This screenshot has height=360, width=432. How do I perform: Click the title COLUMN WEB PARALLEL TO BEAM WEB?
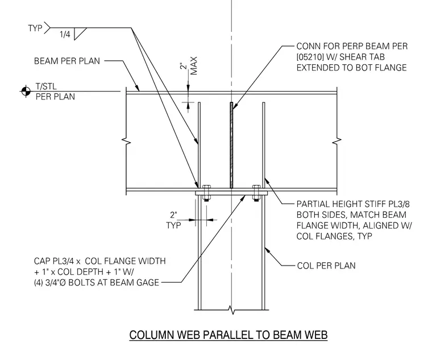229,335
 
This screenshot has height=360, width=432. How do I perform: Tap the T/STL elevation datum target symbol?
26,91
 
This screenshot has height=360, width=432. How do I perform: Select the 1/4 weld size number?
65,34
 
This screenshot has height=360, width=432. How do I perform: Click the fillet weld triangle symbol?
80,34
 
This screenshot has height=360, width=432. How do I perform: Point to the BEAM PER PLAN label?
67,61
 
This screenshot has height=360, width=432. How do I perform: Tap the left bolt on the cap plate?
206,193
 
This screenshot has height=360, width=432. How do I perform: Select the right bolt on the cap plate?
256,193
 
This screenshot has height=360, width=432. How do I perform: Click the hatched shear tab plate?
231,145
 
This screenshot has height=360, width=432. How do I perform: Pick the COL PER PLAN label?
326,266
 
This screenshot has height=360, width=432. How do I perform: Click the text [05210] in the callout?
309,57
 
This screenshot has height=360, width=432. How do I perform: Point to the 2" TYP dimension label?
173,220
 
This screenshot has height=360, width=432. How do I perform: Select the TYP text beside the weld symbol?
35,28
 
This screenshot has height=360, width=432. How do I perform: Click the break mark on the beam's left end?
126,141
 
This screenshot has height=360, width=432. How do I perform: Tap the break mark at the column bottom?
233,311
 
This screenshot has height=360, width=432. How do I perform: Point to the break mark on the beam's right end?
337,141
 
